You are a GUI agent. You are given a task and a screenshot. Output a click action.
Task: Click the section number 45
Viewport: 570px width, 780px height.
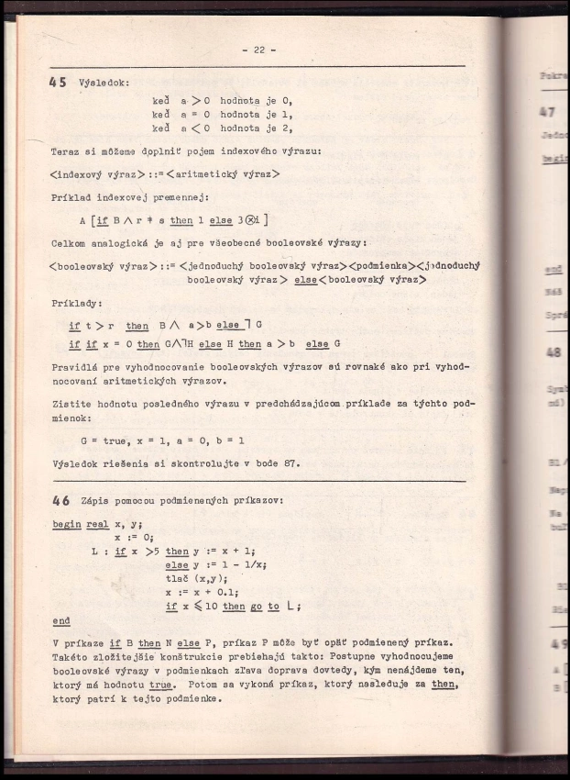[59, 82]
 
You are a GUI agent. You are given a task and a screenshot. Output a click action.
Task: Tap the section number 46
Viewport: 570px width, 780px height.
[61, 501]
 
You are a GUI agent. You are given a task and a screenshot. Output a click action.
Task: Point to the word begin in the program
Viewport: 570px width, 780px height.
[66, 525]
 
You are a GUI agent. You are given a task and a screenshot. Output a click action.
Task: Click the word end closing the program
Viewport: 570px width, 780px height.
[61, 620]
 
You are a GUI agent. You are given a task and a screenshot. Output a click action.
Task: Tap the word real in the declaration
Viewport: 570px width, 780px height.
[98, 525]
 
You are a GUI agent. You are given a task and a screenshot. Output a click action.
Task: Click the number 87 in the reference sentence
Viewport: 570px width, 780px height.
[290, 462]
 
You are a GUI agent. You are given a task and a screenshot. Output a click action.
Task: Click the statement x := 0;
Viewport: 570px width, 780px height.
[135, 538]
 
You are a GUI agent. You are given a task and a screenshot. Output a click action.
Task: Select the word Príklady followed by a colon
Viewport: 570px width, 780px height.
[76, 302]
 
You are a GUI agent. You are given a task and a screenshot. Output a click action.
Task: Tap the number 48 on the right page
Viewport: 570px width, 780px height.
[553, 351]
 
